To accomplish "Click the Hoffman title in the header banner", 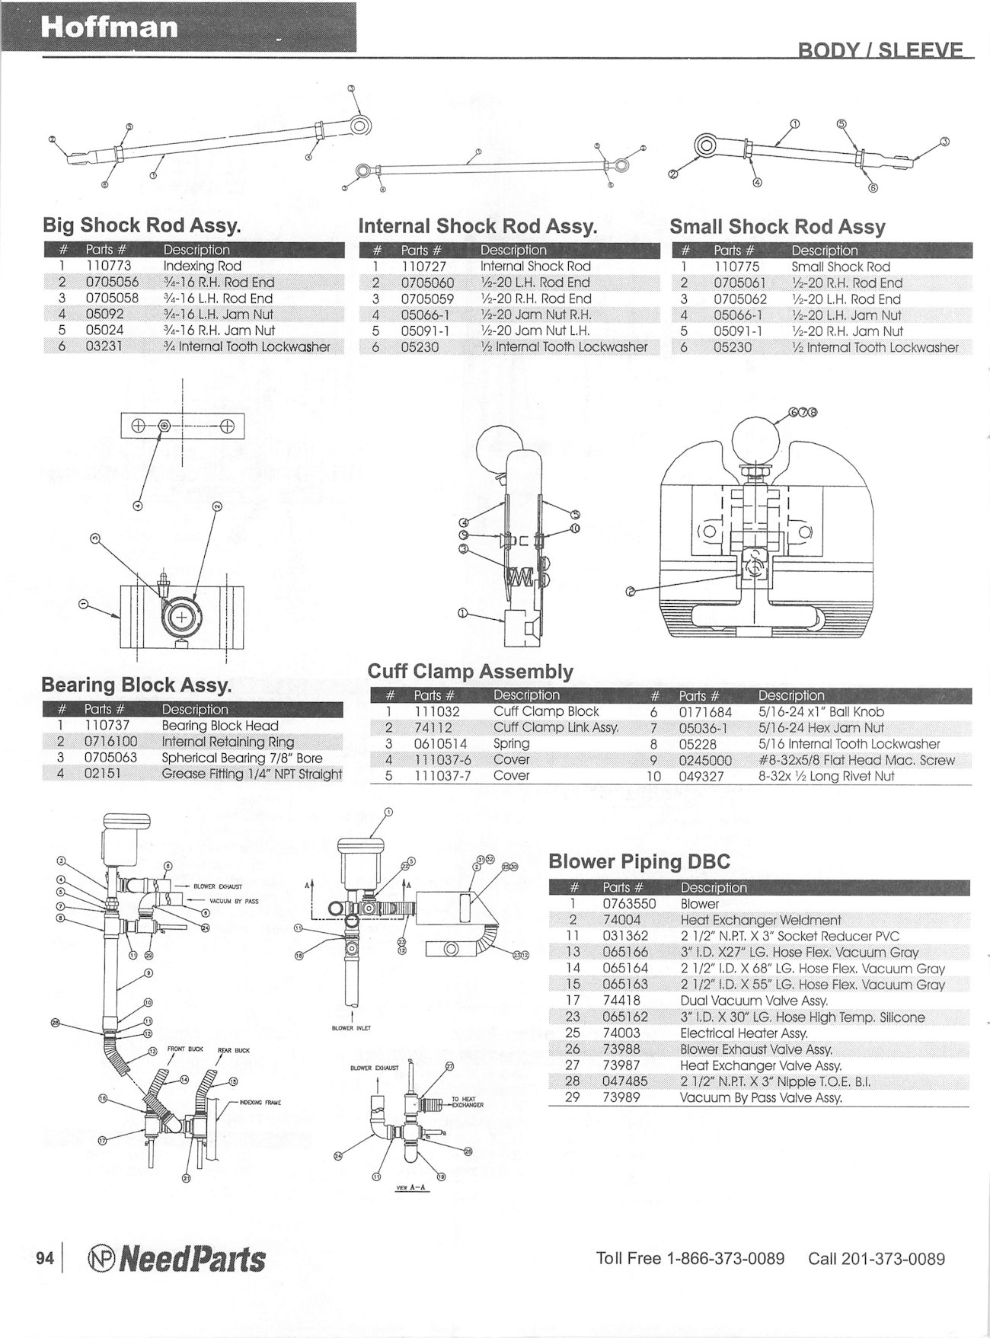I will (x=110, y=27).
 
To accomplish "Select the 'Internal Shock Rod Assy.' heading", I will (x=477, y=226).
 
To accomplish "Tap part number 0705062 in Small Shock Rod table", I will (x=740, y=299).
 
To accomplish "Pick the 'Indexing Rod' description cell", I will (x=202, y=266).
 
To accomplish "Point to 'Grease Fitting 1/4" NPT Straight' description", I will (x=251, y=774).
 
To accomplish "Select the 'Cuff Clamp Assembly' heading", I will (x=470, y=672).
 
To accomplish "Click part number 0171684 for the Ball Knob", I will (x=705, y=712).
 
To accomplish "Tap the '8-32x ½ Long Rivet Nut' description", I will (x=826, y=776).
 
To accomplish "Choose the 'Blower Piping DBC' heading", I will (x=639, y=861).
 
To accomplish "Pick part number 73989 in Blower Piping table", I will (x=621, y=1097).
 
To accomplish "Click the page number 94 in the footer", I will (x=45, y=1258).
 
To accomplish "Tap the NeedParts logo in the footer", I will (x=177, y=1259).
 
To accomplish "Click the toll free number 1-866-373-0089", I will (x=724, y=1258).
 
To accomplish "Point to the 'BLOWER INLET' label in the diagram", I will (x=352, y=1028).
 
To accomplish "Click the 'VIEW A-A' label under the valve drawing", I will (x=408, y=1187).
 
